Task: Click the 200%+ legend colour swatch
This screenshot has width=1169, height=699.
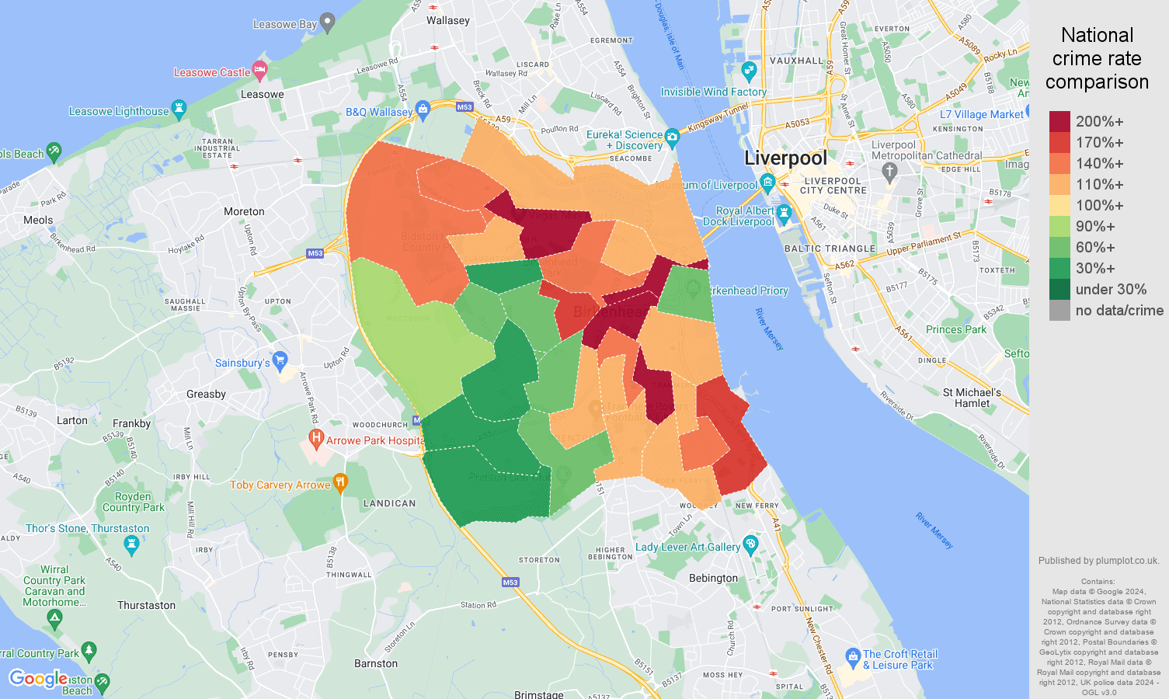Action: tap(1059, 121)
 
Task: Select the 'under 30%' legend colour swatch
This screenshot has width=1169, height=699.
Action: tap(1059, 289)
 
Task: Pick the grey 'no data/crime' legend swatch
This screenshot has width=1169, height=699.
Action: tap(1059, 310)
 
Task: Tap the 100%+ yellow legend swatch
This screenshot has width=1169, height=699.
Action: tap(1059, 205)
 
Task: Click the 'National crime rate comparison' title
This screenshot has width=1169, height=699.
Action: tap(1097, 58)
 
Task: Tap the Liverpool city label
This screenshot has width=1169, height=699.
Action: tap(785, 158)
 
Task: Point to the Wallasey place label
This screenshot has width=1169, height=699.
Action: tap(447, 21)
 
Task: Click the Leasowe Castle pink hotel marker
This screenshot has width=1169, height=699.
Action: tap(260, 71)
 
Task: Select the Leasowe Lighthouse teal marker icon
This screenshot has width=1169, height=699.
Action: tap(179, 109)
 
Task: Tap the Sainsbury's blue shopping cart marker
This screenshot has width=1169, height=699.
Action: tap(280, 360)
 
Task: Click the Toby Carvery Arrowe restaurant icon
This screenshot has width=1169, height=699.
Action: tap(340, 483)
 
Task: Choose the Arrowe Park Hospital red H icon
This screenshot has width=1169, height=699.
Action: tap(315, 439)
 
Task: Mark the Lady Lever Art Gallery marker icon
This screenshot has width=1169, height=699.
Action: tap(750, 544)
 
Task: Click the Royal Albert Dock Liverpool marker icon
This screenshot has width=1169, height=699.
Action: tap(783, 213)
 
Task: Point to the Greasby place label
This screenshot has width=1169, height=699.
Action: tap(206, 395)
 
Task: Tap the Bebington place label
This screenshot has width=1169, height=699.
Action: tap(713, 578)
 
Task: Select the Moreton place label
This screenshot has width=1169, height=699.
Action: tap(244, 212)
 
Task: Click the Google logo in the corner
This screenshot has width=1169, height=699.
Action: tap(37, 679)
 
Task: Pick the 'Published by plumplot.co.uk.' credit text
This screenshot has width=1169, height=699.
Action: tap(1098, 561)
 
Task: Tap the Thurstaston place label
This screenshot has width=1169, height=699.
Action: tap(146, 606)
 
